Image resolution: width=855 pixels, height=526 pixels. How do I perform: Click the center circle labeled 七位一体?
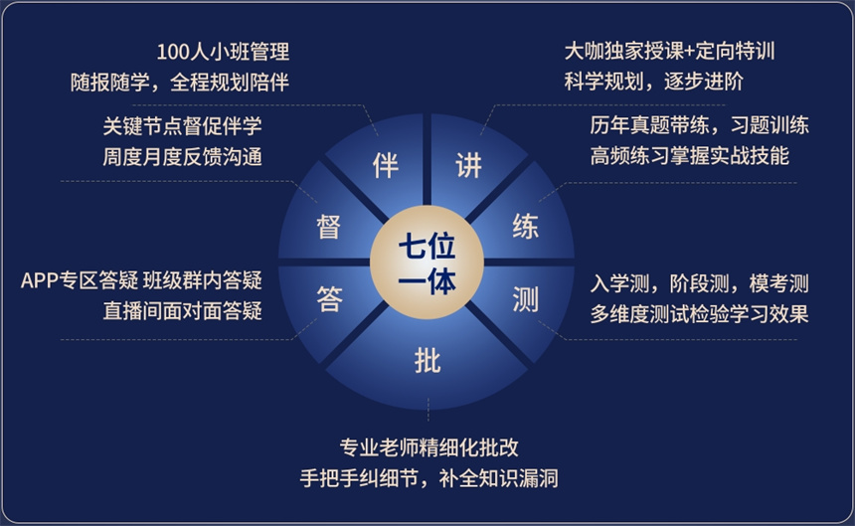pyautogui.click(x=427, y=263)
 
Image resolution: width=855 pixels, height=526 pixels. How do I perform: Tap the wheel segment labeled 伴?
pyautogui.click(x=385, y=165)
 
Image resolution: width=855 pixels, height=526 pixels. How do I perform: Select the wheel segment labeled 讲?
pyautogui.click(x=468, y=165)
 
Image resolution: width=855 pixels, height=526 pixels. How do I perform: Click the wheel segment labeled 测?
pyautogui.click(x=525, y=298)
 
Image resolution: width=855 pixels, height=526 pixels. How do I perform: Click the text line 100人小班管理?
pyautogui.click(x=223, y=52)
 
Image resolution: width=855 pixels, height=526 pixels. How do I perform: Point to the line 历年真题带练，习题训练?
pyautogui.click(x=699, y=126)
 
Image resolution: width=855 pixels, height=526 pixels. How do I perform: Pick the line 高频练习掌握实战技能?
pyautogui.click(x=689, y=156)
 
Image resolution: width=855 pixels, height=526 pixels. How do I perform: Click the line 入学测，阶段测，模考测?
pyautogui.click(x=699, y=282)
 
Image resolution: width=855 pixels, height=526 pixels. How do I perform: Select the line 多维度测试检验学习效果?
pyautogui.click(x=699, y=313)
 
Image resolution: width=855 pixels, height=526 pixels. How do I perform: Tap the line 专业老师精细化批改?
pyautogui.click(x=428, y=446)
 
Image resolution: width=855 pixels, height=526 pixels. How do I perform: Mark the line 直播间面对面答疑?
pyautogui.click(x=182, y=311)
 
